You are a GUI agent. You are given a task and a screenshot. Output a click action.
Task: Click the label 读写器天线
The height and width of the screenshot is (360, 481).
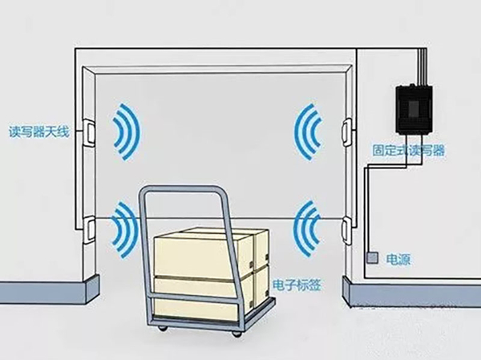[39, 132]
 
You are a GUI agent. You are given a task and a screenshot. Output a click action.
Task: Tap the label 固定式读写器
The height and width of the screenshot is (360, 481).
[408, 151]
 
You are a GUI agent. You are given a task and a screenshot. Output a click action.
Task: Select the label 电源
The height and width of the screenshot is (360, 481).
[398, 260]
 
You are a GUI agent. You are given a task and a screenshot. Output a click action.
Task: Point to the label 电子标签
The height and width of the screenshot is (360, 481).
[297, 285]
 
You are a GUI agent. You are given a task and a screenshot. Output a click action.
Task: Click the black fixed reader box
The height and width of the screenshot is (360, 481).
[414, 109]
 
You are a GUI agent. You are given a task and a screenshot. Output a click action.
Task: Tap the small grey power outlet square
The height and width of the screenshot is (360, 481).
[372, 258]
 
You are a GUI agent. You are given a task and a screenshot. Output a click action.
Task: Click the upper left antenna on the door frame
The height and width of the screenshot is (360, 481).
[89, 132]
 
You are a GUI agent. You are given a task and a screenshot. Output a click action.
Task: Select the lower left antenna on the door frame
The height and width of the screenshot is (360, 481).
[89, 229]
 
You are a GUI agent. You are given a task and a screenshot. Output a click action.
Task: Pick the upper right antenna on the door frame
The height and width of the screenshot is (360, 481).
[347, 133]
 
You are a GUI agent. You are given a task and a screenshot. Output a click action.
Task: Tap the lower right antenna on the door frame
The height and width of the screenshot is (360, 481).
[347, 230]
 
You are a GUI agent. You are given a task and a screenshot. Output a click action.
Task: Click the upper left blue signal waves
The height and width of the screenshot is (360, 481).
[127, 132]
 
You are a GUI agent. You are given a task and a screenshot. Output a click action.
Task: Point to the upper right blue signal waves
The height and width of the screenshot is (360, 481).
[308, 132]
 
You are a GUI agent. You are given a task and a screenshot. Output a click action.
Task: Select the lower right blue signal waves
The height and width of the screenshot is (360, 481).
[307, 229]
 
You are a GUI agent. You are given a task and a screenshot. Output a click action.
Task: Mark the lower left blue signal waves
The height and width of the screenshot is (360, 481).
[124, 229]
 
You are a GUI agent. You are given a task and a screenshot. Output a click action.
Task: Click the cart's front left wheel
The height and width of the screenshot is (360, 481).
[162, 328]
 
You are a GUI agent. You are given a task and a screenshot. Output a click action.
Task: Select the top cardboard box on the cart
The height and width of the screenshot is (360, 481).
[212, 253]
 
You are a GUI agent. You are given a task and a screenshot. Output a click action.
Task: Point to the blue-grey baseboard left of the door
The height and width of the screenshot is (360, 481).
[50, 289]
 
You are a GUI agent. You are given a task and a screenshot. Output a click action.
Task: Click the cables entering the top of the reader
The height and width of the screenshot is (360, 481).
[421, 66]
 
